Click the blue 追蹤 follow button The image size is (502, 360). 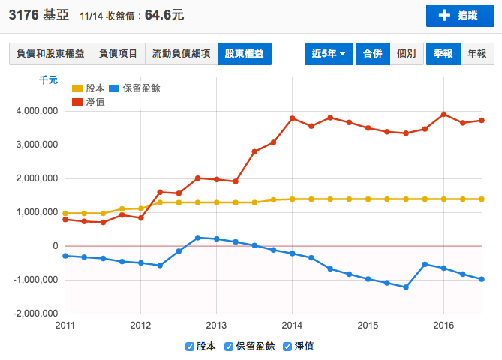point(457,16)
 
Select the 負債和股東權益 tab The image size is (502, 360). point(50,54)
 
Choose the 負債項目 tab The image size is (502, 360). point(118,54)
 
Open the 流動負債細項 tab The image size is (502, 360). point(181,54)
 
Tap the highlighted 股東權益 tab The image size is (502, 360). point(245,54)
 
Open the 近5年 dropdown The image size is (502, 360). point(329,54)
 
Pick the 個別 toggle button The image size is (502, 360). point(406,54)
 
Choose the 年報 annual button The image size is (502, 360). point(476,54)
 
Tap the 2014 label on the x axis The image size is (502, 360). point(293,326)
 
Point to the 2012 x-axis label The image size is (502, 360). point(140,326)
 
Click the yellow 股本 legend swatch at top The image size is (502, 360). point(77,88)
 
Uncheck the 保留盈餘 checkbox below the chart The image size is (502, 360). point(230,346)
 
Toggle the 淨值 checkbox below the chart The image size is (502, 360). point(288,346)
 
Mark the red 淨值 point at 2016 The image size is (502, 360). point(444,114)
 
